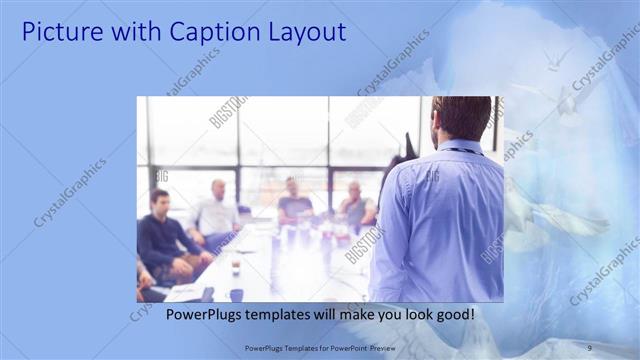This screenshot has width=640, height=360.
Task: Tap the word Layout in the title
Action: point(302,32)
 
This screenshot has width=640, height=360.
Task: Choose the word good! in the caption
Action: point(456,314)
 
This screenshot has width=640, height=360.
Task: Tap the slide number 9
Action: point(589,347)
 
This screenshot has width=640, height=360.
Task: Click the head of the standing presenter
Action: point(462,118)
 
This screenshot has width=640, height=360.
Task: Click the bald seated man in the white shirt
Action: point(216,212)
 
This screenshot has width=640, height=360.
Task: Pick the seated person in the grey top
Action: point(355,204)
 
